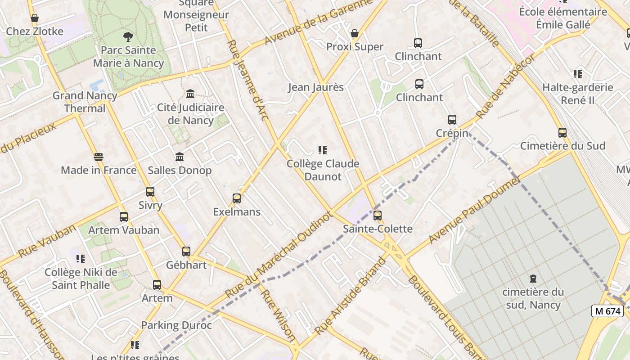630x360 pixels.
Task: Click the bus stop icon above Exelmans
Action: pyautogui.click(x=237, y=198)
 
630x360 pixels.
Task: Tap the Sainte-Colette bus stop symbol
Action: pyautogui.click(x=378, y=216)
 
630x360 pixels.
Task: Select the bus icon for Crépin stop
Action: pyautogui.click(x=452, y=120)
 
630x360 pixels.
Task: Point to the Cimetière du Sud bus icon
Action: pyautogui.click(x=562, y=132)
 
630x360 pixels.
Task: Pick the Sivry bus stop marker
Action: pyautogui.click(x=150, y=192)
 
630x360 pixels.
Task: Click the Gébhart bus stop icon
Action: pyautogui.click(x=186, y=252)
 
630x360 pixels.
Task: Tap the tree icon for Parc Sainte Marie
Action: pyautogui.click(x=128, y=37)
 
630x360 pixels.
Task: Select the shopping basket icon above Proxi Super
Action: pyautogui.click(x=355, y=33)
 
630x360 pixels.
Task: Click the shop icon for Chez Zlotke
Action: pyautogui.click(x=35, y=18)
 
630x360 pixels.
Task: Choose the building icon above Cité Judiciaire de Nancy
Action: pyautogui.click(x=190, y=94)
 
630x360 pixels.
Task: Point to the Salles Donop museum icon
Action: pyautogui.click(x=180, y=157)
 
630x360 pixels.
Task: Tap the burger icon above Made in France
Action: pyautogui.click(x=99, y=157)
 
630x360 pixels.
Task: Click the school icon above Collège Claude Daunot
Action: pyautogui.click(x=323, y=150)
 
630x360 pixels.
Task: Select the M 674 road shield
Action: pyautogui.click(x=607, y=311)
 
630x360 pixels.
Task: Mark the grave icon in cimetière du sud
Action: pyautogui.click(x=533, y=279)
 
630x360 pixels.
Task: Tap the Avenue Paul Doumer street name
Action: pyautogui.click(x=474, y=210)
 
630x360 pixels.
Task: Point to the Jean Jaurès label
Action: pyautogui.click(x=316, y=87)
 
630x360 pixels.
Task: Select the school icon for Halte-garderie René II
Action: pyautogui.click(x=578, y=74)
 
